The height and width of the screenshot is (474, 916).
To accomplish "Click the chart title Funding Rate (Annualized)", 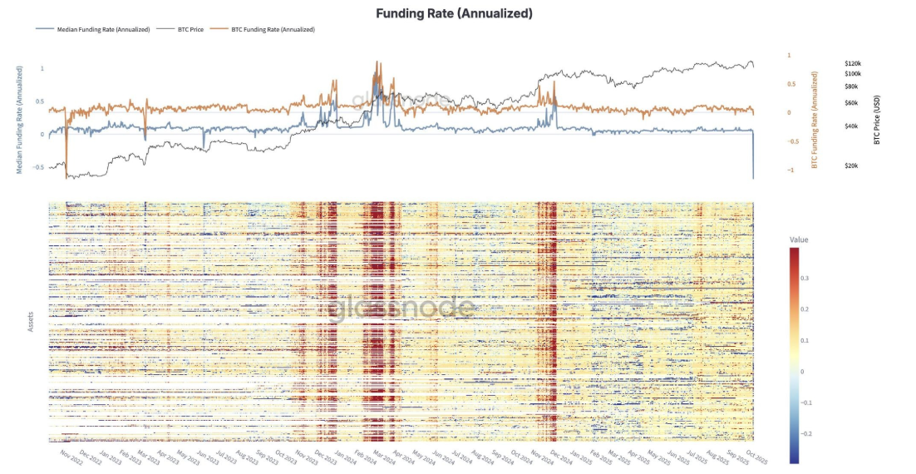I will (454, 13).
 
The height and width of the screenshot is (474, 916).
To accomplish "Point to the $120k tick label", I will (852, 63).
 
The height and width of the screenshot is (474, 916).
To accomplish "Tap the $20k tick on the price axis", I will (851, 166).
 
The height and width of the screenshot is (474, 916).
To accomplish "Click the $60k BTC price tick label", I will (851, 103).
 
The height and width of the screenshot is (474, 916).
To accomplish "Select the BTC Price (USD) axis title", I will (877, 119).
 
